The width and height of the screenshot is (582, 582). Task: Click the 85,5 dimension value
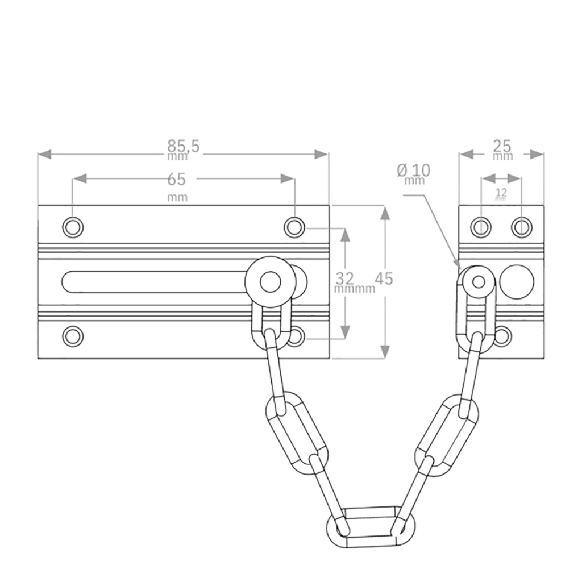point(184,146)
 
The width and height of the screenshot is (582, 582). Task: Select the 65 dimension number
point(176,179)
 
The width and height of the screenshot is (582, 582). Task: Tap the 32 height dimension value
point(345,278)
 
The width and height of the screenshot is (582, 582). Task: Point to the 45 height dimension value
point(384,278)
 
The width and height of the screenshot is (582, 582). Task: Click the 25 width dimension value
point(502,146)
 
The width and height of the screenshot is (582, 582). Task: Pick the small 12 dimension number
point(501,192)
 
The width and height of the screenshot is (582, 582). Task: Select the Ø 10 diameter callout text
point(414,171)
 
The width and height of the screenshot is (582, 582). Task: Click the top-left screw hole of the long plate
point(73,227)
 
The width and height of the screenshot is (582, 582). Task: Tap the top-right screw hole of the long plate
point(295,227)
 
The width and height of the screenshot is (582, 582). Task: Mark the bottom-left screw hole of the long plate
point(73,336)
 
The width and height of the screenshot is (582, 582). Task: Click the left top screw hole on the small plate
point(481,227)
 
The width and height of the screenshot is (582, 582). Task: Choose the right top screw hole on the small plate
point(522,227)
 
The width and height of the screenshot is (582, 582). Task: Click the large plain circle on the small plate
point(517,282)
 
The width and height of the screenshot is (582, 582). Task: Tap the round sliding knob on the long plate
point(270,282)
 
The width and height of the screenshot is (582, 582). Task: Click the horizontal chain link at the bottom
point(371,526)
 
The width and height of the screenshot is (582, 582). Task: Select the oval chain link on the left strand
point(297,433)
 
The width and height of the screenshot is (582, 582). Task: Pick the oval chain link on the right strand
point(447,435)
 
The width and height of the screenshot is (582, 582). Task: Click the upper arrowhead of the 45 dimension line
point(385,214)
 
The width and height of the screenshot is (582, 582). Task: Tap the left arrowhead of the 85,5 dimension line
point(45,155)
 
